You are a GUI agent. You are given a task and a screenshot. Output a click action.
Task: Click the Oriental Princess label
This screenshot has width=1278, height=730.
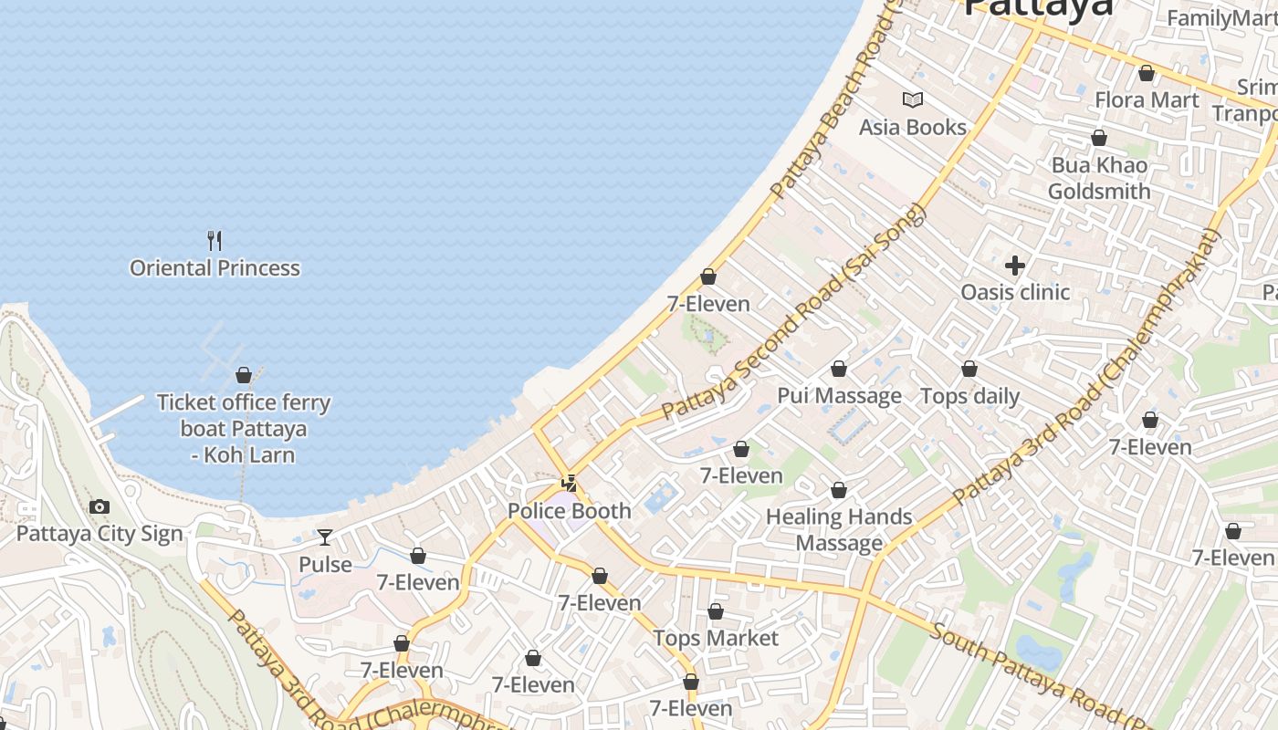(215, 268)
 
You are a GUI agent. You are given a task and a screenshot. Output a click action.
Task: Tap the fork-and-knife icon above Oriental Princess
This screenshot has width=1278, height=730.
(215, 241)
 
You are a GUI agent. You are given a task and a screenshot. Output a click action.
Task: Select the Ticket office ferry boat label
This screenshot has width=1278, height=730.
(244, 428)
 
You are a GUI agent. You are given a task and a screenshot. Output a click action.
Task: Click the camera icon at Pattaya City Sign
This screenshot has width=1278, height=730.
(100, 507)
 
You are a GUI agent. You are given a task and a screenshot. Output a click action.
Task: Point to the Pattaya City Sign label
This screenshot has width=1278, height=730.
(100, 534)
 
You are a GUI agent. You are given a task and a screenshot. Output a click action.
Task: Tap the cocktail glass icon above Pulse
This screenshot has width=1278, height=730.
(325, 537)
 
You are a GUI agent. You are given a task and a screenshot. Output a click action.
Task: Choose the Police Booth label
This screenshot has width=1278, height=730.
(569, 511)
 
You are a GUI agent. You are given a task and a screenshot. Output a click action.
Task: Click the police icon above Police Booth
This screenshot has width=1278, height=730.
(570, 484)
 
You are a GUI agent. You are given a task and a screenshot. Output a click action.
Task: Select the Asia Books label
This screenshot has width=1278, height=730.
(912, 127)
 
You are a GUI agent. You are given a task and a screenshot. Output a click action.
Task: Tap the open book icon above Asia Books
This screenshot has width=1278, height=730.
(912, 100)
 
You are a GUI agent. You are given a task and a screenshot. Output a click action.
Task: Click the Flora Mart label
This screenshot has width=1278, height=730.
(1147, 100)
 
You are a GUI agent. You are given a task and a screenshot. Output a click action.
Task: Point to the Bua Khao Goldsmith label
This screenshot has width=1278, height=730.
(1099, 179)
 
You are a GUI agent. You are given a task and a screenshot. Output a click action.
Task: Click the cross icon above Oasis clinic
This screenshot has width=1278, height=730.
(1014, 266)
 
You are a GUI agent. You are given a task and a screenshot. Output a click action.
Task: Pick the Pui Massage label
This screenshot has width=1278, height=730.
(839, 396)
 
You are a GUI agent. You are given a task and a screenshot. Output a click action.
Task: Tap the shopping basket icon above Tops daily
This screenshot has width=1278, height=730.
(969, 370)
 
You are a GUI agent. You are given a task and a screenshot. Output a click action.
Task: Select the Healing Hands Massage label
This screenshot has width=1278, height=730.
(839, 530)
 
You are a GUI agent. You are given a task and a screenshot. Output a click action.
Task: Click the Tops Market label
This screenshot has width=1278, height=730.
(716, 638)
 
